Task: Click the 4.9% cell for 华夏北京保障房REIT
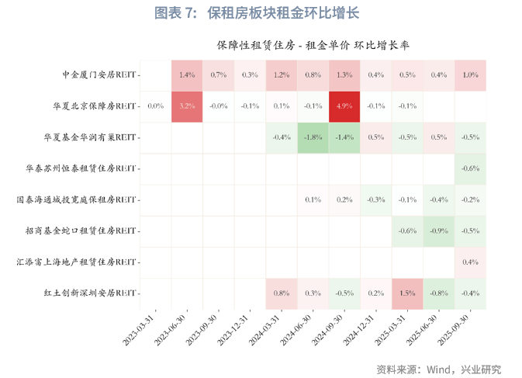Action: pyautogui.click(x=344, y=106)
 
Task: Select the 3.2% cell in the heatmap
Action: pyautogui.click(x=187, y=106)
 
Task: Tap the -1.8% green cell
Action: pyautogui.click(x=313, y=137)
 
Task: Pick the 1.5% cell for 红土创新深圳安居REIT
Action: pyautogui.click(x=407, y=293)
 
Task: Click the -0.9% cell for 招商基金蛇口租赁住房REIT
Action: pyautogui.click(x=439, y=231)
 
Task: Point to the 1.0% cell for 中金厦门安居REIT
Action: pyautogui.click(x=470, y=75)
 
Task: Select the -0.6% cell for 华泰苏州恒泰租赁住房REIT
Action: pyautogui.click(x=470, y=168)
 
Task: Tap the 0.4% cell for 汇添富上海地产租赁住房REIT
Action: pyautogui.click(x=470, y=262)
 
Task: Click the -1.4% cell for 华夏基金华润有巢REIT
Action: pyautogui.click(x=344, y=137)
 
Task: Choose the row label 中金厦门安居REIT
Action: pyautogui.click(x=99, y=75)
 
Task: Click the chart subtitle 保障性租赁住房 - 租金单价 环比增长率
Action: pyautogui.click(x=313, y=46)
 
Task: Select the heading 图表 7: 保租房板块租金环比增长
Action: pyautogui.click(x=257, y=13)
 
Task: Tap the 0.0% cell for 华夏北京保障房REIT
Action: pyautogui.click(x=155, y=106)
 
